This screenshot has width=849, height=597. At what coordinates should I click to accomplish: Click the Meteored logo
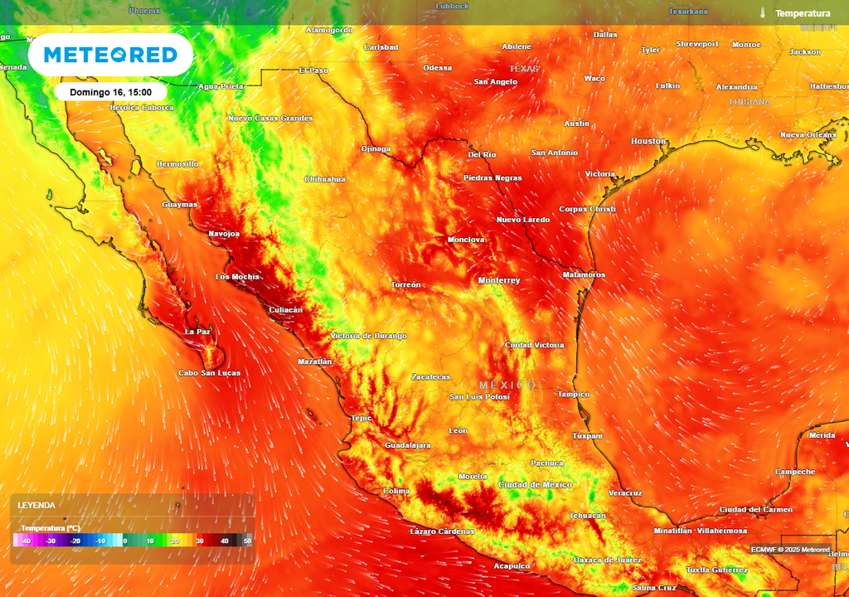[x=110, y=55]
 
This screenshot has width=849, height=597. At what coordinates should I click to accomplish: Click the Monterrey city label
[x=499, y=280]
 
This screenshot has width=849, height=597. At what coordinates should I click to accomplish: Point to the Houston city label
[x=648, y=141]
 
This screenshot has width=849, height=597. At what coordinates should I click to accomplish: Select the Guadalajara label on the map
[x=408, y=445]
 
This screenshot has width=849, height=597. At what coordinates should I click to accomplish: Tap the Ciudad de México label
[x=535, y=484]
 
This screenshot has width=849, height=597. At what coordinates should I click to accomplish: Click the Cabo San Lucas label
[x=210, y=373]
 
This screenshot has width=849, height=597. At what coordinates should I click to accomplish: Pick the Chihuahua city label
[x=325, y=179]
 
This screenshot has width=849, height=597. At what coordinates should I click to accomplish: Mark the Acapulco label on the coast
[x=512, y=565]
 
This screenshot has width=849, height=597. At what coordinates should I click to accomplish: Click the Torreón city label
[x=406, y=284]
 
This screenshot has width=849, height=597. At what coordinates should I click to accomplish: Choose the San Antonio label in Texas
[x=555, y=153]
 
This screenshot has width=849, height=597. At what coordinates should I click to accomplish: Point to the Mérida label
[x=822, y=435]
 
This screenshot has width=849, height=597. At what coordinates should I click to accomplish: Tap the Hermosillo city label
[x=178, y=164]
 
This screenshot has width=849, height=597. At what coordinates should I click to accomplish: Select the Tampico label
[x=573, y=394]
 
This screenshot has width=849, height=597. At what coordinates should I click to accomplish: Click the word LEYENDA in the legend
[x=36, y=505]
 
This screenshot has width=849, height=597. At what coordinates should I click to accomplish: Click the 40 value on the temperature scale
[x=224, y=541]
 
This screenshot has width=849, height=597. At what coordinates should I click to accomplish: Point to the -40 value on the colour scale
[x=26, y=541]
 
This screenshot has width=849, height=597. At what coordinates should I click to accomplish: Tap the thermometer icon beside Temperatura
[x=761, y=13]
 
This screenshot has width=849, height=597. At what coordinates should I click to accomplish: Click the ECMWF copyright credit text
[x=790, y=549]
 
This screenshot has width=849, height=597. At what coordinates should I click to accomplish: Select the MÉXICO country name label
[x=507, y=386]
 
